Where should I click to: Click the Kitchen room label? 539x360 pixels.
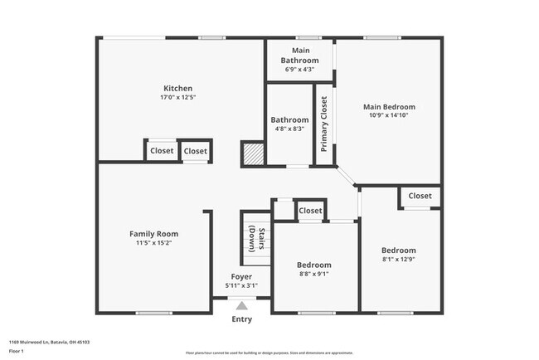[x=177, y=88]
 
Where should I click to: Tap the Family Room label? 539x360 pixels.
[x=153, y=234]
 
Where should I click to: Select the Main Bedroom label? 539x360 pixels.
[x=389, y=107]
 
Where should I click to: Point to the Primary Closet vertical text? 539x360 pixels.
[x=324, y=124]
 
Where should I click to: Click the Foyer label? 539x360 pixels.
[x=241, y=276]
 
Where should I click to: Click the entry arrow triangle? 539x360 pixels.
[x=241, y=304]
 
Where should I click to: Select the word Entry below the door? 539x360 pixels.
[x=241, y=319]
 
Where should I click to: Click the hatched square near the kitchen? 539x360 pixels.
[x=252, y=153]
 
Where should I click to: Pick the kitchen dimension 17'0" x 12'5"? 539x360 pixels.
[x=177, y=98]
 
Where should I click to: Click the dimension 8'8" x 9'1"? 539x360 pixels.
[x=314, y=275]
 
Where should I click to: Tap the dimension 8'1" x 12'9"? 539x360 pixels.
[x=399, y=260]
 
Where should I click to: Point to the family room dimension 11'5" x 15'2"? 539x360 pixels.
[x=153, y=244]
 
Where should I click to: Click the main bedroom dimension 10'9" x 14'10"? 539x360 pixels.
[x=389, y=116]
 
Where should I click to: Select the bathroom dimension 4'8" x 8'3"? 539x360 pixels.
[x=289, y=129]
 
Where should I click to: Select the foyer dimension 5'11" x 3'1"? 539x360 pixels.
[x=241, y=286]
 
